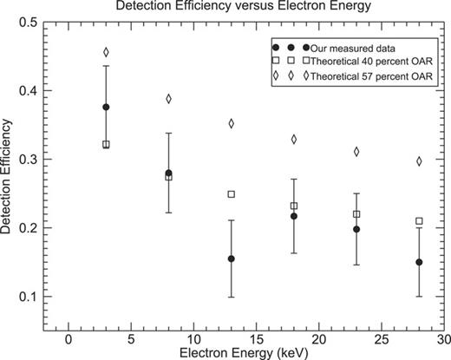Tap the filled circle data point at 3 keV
click(x=106, y=107)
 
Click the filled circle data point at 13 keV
click(x=231, y=259)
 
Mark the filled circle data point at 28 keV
click(x=419, y=262)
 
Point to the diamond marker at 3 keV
click(x=106, y=52)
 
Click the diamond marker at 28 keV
click(x=419, y=160)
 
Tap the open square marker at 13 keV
click(x=231, y=193)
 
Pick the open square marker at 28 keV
click(x=419, y=221)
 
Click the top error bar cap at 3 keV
click(x=106, y=66)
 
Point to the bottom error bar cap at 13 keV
click(x=231, y=297)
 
